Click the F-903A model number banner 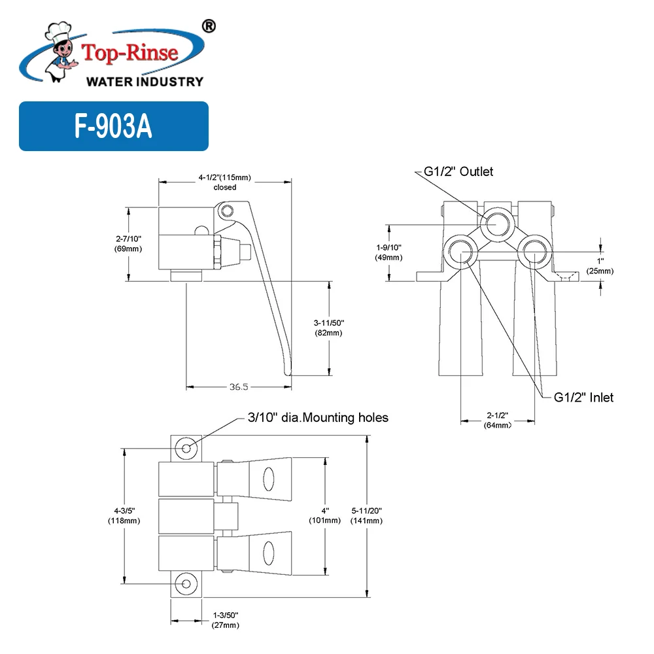pos(113,126)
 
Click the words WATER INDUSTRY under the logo pos(145,82)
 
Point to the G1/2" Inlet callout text pos(584,397)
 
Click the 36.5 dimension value pos(239,387)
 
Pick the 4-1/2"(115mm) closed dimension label pos(225,182)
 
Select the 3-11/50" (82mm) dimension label pos(328,328)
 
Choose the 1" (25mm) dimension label pos(600,266)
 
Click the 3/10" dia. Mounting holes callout pos(317,417)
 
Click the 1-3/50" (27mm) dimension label pos(226,620)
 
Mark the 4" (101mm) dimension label pos(324,516)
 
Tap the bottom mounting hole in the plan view pos(187,583)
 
